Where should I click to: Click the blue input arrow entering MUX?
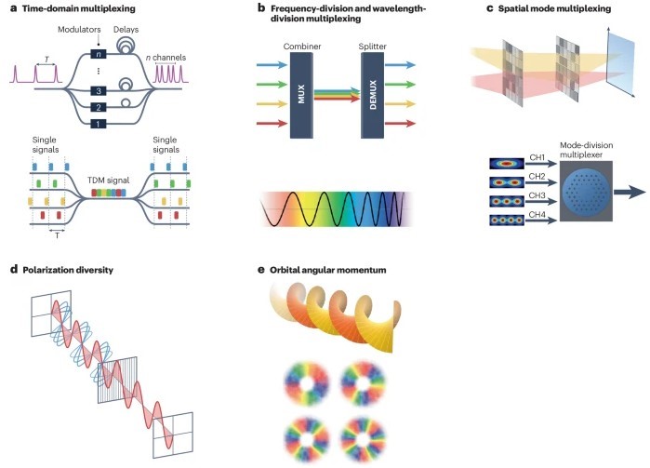[x=271, y=65]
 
